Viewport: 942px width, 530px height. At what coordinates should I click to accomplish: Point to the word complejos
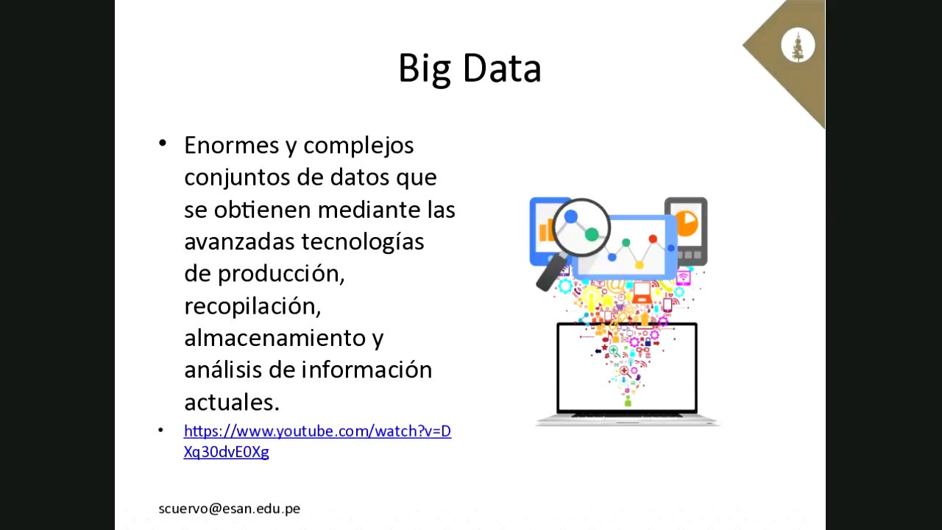coord(358,145)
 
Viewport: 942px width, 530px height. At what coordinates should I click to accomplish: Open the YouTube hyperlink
coord(317,431)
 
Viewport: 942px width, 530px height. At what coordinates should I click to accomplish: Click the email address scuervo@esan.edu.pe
coord(229,509)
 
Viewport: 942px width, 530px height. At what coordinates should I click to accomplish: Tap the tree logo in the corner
coord(797,46)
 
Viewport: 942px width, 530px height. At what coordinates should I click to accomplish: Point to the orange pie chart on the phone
coord(686,223)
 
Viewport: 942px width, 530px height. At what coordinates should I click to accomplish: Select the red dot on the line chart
coord(652,239)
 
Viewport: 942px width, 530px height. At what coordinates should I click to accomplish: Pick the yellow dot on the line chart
coord(639,264)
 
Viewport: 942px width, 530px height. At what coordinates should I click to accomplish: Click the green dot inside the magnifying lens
coord(592,234)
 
